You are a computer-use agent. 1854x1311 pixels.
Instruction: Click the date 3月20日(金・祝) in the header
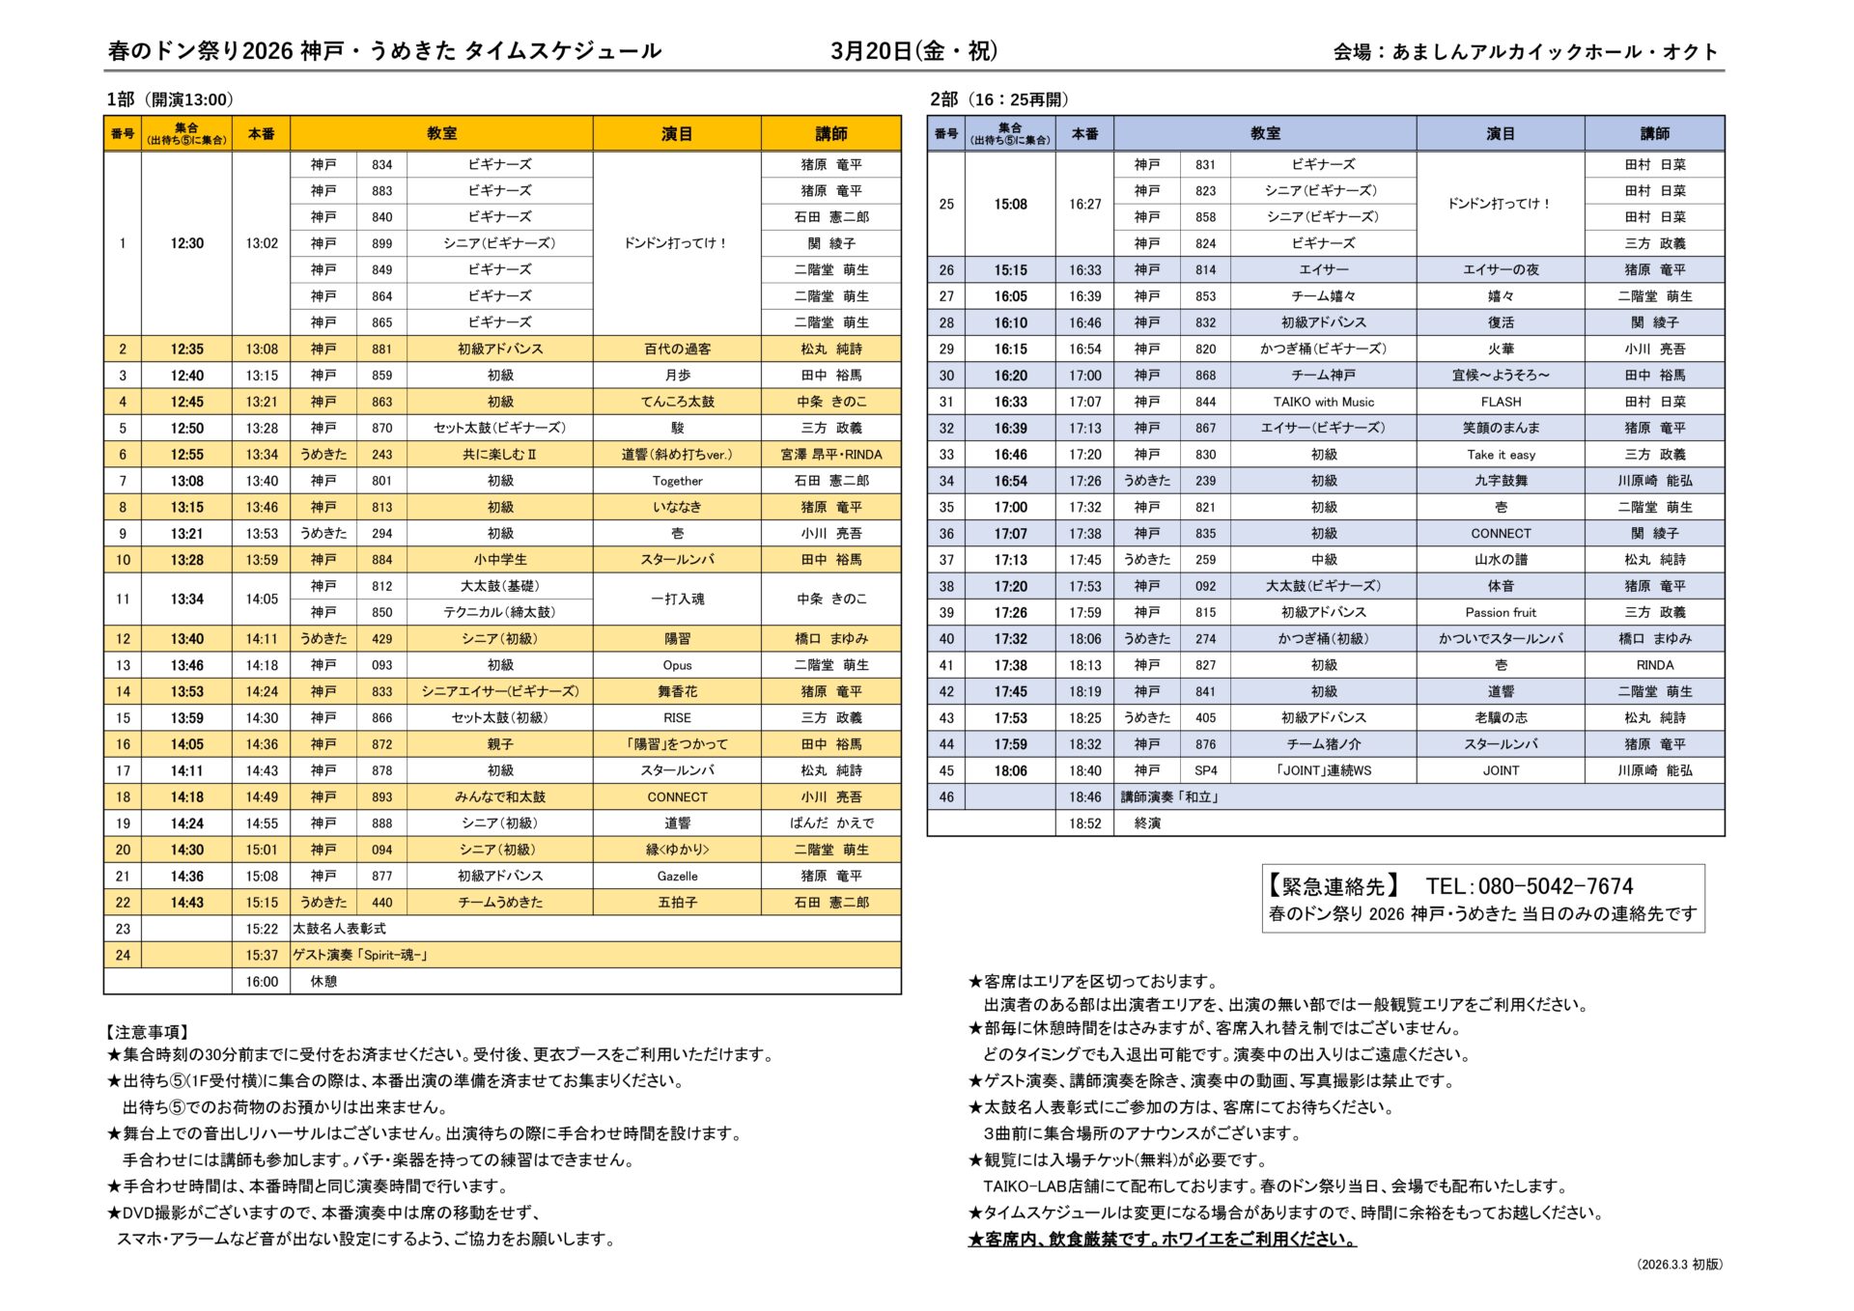(x=913, y=51)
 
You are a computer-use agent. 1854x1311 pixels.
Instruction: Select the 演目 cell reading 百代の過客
(x=677, y=349)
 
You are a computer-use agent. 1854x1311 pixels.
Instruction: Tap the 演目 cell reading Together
(x=677, y=481)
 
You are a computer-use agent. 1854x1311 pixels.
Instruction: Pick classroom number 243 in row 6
(x=381, y=455)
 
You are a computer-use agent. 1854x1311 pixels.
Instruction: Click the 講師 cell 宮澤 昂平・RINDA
(x=830, y=455)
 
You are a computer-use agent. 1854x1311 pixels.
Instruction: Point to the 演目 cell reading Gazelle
(x=677, y=877)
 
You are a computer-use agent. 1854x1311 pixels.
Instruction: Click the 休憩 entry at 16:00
(x=323, y=982)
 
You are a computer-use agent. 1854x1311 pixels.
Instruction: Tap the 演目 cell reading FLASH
(x=1501, y=402)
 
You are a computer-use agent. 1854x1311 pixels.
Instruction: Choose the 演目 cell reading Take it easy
(x=1501, y=455)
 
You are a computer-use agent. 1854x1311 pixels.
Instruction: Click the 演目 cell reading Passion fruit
(x=1501, y=613)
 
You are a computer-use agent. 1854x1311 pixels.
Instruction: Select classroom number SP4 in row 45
(x=1205, y=771)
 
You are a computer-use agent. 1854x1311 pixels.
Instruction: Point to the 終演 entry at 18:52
(x=1147, y=823)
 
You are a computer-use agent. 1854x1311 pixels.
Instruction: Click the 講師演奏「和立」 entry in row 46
(x=1169, y=797)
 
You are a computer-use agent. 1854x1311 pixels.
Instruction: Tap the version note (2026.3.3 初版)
(x=1679, y=1265)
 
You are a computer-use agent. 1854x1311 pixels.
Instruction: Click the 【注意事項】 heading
(x=149, y=1032)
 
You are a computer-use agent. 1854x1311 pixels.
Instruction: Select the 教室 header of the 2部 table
(x=1265, y=133)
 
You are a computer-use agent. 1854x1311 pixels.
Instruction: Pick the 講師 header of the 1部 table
(x=830, y=133)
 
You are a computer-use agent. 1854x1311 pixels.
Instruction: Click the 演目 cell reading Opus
(x=677, y=665)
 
